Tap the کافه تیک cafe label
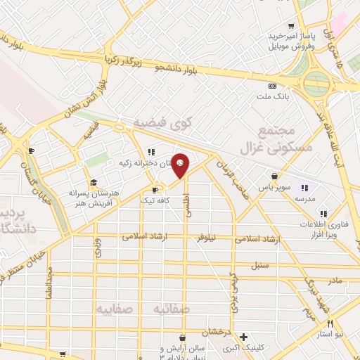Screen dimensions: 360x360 click(156, 200)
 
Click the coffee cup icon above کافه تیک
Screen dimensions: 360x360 click(155, 189)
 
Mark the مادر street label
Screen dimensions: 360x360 click(335, 280)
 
